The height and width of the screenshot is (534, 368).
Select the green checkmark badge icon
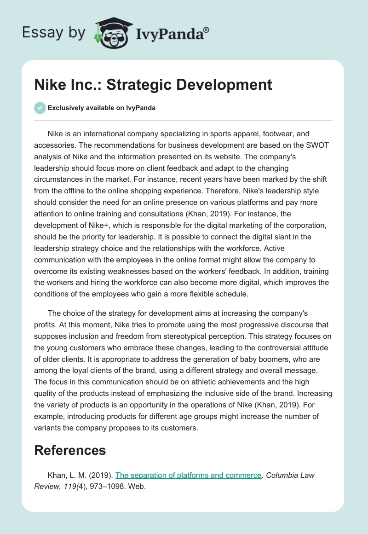40,108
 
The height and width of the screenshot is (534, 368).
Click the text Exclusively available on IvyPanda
101,108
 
